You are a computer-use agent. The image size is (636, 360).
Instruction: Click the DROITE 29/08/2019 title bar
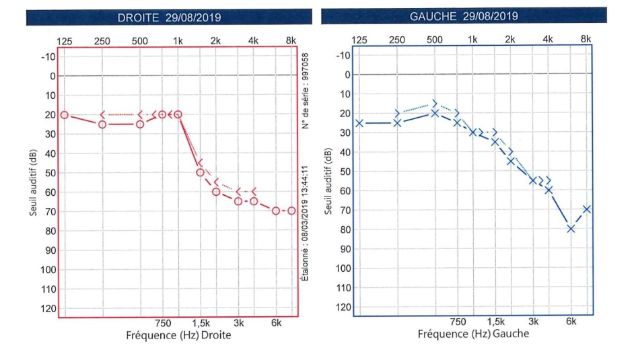point(169,17)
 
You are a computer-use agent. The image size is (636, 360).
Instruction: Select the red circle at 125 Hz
point(65,115)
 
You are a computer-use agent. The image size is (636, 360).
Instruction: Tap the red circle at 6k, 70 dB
point(276,211)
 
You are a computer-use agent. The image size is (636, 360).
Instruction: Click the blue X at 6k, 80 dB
point(571,229)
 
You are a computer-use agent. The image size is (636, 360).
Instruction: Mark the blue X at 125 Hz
point(359,123)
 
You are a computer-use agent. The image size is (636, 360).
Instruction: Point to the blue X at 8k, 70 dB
point(587,209)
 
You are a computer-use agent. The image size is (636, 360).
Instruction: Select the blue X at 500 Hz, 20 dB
point(435,113)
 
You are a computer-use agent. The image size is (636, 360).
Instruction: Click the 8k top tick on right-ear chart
point(291,41)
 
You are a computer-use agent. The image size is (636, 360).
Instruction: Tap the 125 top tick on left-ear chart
point(359,40)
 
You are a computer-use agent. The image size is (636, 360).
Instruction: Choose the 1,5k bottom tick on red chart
point(200,323)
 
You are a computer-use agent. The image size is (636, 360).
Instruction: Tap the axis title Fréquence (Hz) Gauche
point(473,334)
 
